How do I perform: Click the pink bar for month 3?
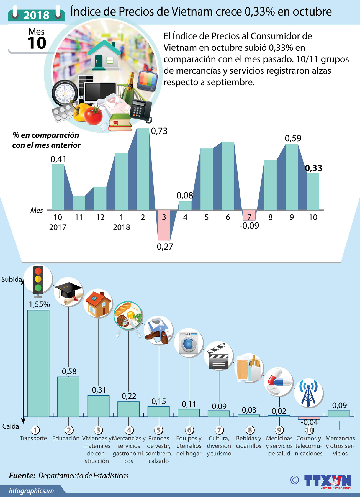[164, 225]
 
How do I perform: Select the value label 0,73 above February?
[159, 131]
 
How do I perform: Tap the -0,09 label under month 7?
[249, 226]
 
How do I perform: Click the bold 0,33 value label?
[313, 168]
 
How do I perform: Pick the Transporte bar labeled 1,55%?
[38, 363]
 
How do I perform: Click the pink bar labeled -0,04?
[309, 418]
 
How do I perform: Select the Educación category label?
[66, 438]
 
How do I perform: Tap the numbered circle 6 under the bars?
[189, 430]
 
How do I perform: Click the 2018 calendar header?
[37, 15]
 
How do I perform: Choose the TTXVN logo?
[327, 481]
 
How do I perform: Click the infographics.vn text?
[31, 491]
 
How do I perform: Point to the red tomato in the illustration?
[93, 115]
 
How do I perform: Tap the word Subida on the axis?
[12, 279]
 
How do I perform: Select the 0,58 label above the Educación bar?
[69, 371]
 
